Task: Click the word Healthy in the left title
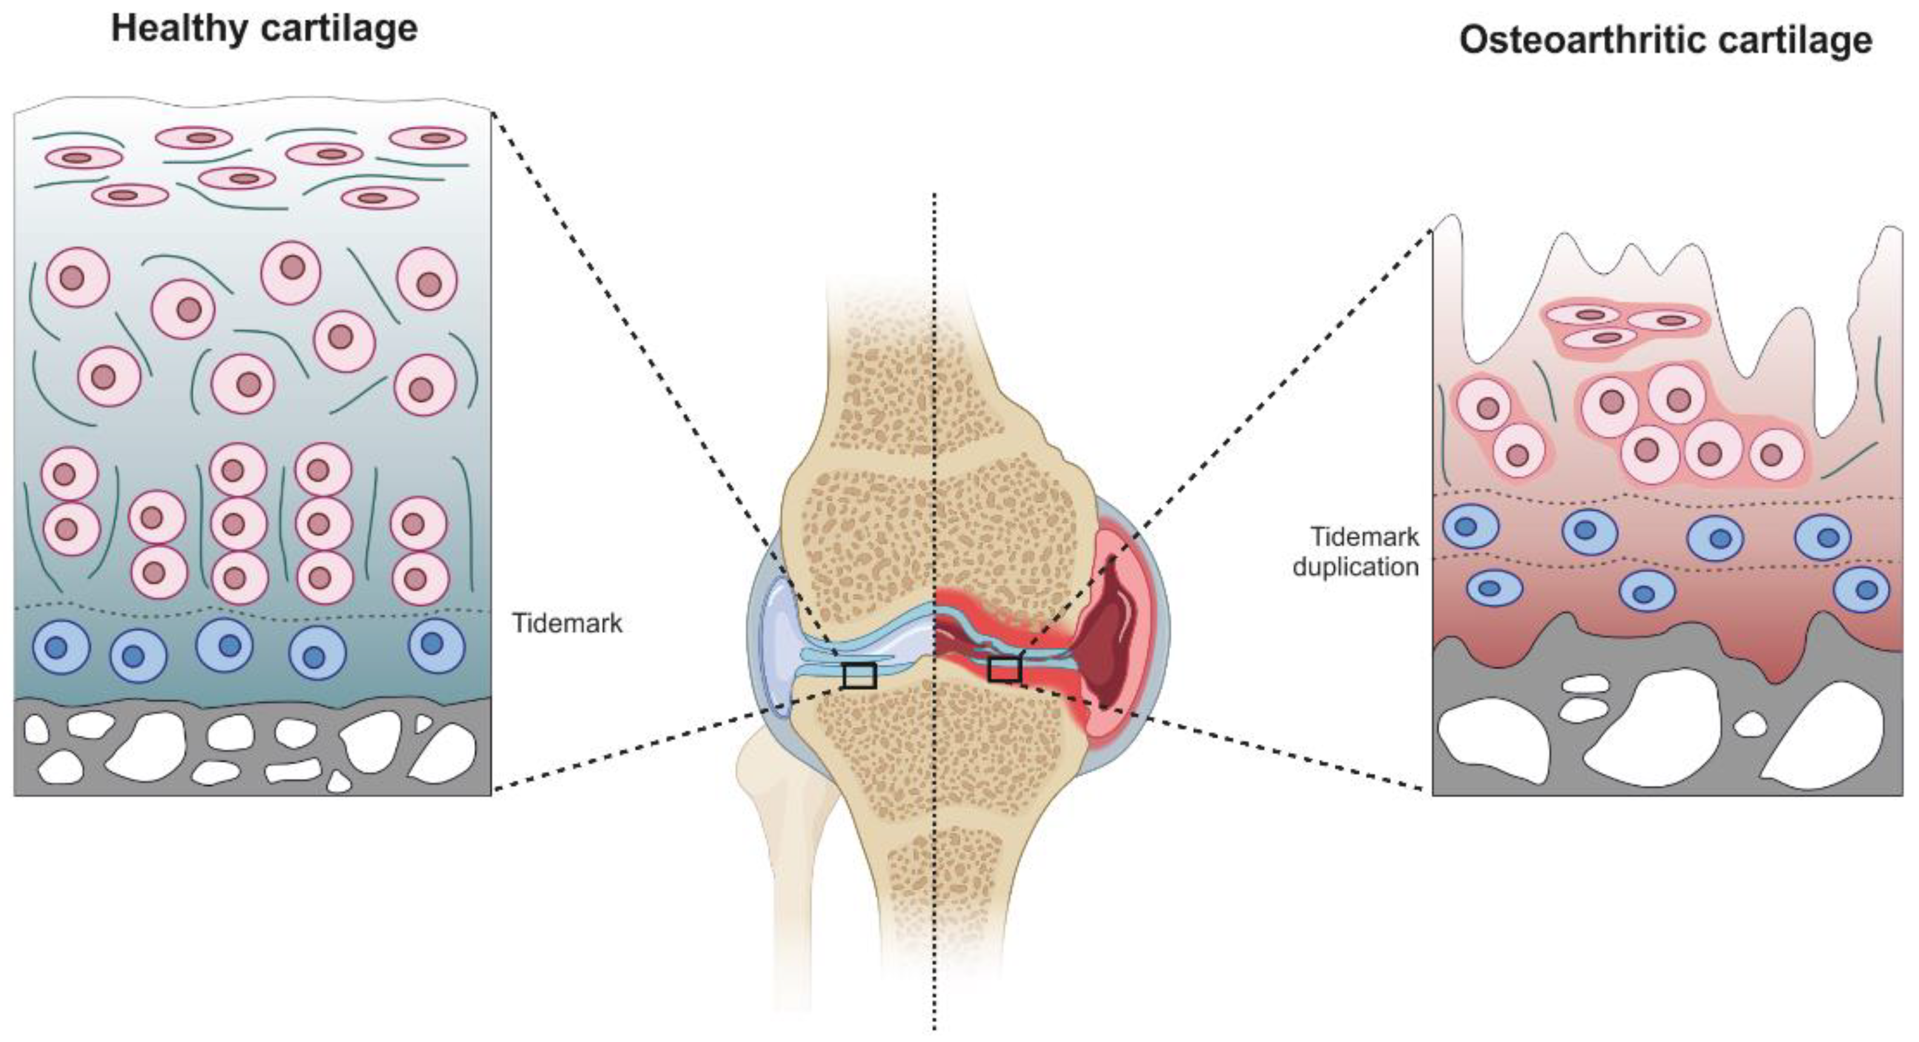point(176,30)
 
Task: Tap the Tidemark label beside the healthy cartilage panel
point(567,622)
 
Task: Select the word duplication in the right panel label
point(1355,566)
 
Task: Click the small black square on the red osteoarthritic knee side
point(1003,669)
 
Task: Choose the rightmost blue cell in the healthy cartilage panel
point(436,644)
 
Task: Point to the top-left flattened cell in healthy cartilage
point(84,158)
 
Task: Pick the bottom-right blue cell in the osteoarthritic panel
point(1861,589)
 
